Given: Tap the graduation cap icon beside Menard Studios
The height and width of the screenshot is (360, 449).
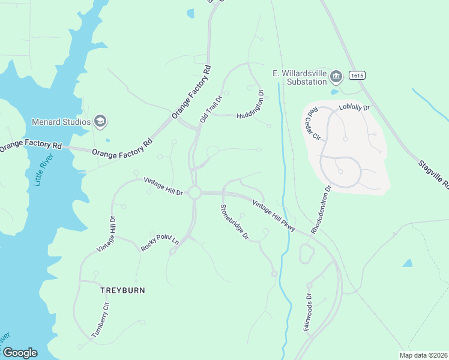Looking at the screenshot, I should tap(100, 122).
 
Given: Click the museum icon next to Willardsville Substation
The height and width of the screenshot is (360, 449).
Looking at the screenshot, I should tap(336, 76).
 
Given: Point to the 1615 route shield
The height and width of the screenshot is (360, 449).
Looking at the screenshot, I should tap(357, 76).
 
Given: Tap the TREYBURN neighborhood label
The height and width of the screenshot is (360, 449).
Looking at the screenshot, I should tap(122, 290).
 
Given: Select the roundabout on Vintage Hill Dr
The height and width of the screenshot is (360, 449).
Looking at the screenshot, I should tap(194, 193).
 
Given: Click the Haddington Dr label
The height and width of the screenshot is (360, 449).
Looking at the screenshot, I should tap(250, 105).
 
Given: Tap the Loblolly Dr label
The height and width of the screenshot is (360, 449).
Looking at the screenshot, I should tap(354, 107).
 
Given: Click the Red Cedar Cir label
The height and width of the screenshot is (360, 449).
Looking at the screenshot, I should tap(312, 125).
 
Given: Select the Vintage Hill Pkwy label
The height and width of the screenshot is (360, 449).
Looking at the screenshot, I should tap(273, 214).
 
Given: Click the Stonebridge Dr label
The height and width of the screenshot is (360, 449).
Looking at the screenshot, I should tap(234, 222).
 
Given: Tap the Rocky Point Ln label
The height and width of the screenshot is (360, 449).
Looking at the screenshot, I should tap(160, 243).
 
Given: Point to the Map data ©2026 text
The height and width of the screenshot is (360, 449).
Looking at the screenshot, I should tap(423, 355).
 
